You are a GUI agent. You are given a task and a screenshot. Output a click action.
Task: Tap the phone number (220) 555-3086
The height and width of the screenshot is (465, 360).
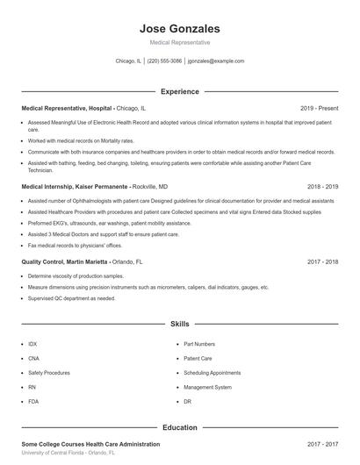click(x=164, y=61)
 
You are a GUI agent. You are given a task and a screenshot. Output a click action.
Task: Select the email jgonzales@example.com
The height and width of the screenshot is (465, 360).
click(x=216, y=61)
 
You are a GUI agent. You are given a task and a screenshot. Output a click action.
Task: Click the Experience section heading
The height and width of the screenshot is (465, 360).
click(x=180, y=91)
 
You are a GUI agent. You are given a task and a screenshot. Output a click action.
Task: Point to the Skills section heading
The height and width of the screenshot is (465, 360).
click(x=180, y=324)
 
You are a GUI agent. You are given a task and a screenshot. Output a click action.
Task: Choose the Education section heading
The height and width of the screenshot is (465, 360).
click(x=180, y=427)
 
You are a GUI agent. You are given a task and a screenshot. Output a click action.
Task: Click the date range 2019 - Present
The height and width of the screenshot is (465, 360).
click(x=319, y=108)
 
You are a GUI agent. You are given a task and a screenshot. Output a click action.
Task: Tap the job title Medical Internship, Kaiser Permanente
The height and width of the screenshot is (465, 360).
click(x=75, y=187)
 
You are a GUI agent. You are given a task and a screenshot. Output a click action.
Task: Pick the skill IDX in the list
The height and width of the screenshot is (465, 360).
click(x=32, y=344)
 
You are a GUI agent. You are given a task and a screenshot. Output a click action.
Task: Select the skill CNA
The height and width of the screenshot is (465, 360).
click(x=33, y=358)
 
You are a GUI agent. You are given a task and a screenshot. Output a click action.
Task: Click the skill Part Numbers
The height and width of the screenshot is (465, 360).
click(x=199, y=344)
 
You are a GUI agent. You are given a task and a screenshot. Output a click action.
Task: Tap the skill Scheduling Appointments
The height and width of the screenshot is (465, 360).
click(x=212, y=372)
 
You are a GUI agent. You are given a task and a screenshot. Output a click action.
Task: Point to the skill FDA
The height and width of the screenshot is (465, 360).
click(x=32, y=400)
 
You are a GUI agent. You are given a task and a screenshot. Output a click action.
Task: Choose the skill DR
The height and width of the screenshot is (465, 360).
click(x=187, y=400)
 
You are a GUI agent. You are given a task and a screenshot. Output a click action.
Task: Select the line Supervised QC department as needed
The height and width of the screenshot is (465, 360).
click(x=71, y=297)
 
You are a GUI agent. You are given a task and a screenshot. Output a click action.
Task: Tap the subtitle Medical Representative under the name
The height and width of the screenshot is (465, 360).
click(x=180, y=42)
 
